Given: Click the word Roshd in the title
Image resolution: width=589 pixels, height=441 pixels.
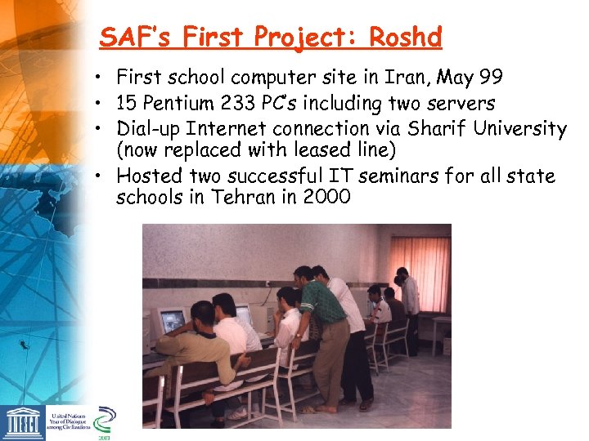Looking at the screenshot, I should tap(406, 38).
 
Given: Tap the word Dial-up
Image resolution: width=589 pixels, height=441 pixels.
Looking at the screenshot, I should tap(150, 128).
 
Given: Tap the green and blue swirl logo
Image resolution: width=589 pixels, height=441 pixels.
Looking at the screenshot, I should tap(105, 419).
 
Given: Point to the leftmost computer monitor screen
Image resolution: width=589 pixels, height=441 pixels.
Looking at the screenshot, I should tap(172, 321).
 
